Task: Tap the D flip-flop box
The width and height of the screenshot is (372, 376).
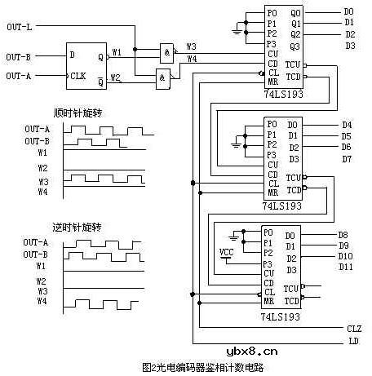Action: (x=89, y=65)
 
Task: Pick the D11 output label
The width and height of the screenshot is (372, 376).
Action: (x=346, y=267)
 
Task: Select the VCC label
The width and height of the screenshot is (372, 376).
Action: (x=227, y=250)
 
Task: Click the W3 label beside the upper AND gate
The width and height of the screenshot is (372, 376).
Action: (x=191, y=46)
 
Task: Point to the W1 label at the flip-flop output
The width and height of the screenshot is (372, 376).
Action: (x=116, y=52)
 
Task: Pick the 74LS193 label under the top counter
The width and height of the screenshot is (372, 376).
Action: (x=282, y=95)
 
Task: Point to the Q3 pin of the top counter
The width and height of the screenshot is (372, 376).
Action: (x=295, y=46)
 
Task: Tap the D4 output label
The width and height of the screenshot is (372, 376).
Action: (x=347, y=125)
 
